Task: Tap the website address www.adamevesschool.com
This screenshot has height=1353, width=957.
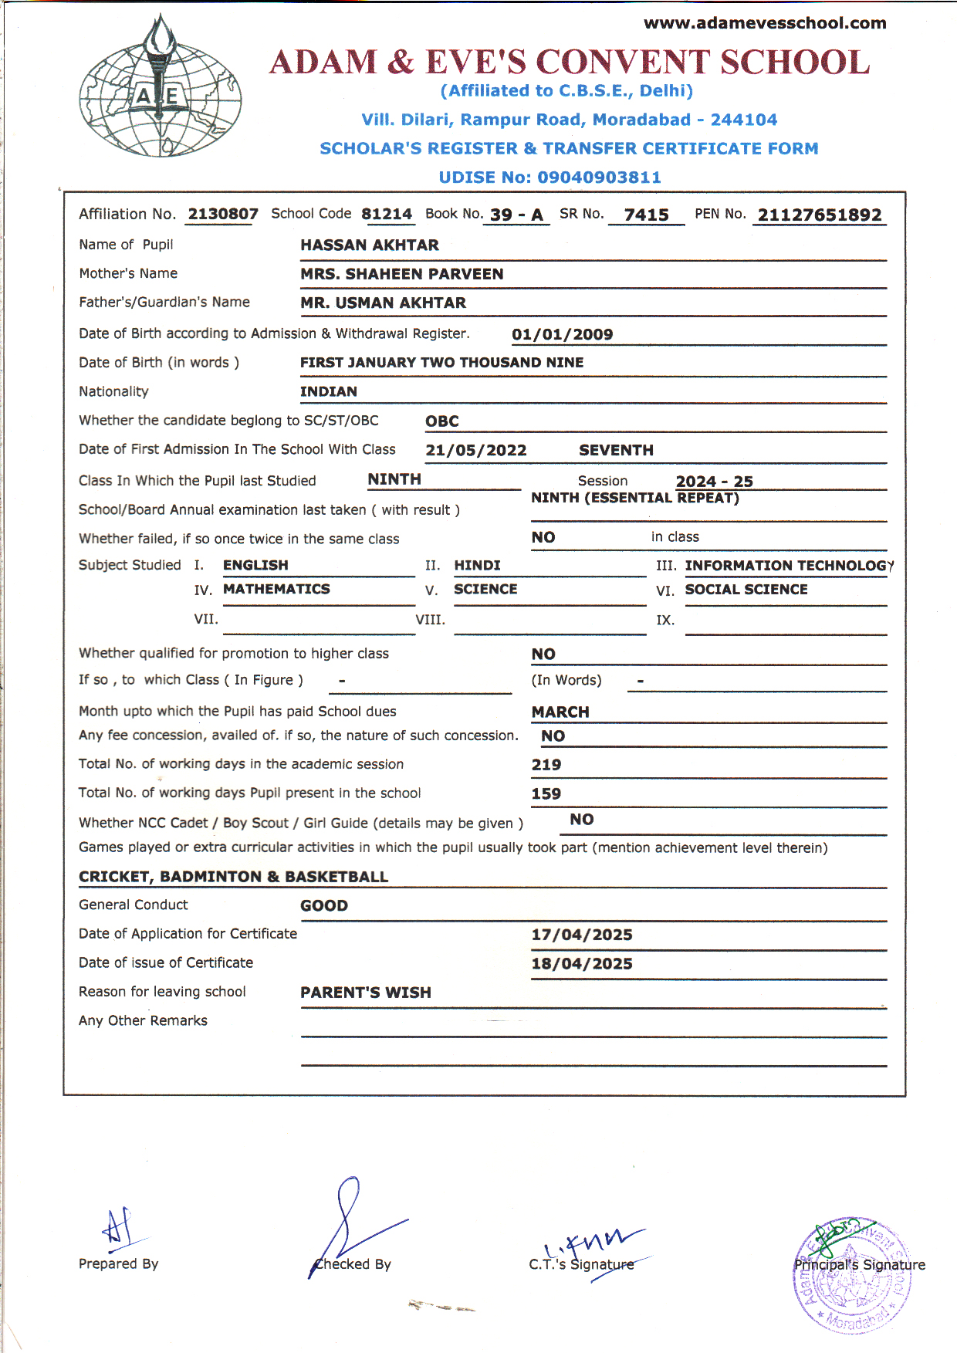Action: (x=765, y=23)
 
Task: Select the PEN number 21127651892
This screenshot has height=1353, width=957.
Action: (x=819, y=215)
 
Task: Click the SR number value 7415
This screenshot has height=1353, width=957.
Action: (x=646, y=215)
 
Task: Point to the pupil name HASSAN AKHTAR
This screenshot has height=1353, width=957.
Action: (x=369, y=245)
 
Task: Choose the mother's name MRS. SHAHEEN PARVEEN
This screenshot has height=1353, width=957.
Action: (x=401, y=274)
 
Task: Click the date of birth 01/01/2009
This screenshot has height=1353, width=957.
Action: (x=562, y=334)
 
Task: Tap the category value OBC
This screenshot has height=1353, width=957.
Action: (x=442, y=421)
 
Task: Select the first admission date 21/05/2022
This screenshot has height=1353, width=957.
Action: (x=475, y=451)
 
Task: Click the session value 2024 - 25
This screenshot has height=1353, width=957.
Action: (x=714, y=482)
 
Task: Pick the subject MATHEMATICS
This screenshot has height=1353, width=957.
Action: (x=276, y=590)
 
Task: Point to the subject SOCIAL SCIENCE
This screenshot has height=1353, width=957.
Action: (x=746, y=590)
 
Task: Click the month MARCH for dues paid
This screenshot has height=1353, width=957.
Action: (x=560, y=712)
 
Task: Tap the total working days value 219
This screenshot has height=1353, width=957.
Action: (x=546, y=765)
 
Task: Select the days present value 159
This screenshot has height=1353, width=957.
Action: (x=546, y=794)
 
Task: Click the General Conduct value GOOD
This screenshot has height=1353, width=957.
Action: (x=324, y=906)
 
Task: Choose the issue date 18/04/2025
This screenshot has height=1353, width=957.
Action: (x=581, y=964)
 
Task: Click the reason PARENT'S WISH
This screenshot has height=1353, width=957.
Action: (x=365, y=993)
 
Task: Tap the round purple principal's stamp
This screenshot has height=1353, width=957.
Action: (x=851, y=1275)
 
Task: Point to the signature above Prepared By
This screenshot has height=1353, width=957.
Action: (x=118, y=1228)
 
